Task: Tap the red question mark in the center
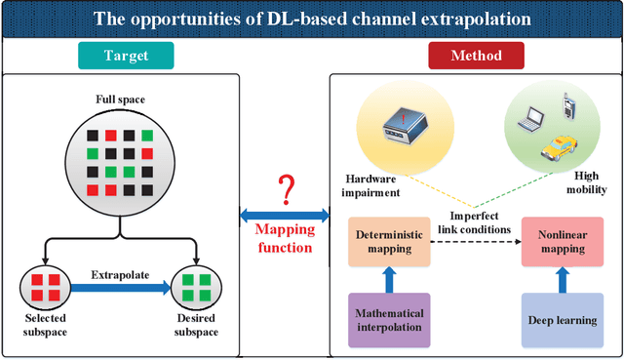click(286, 187)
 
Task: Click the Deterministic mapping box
click(388, 242)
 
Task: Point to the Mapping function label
click(286, 239)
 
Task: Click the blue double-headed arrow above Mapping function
click(286, 215)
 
